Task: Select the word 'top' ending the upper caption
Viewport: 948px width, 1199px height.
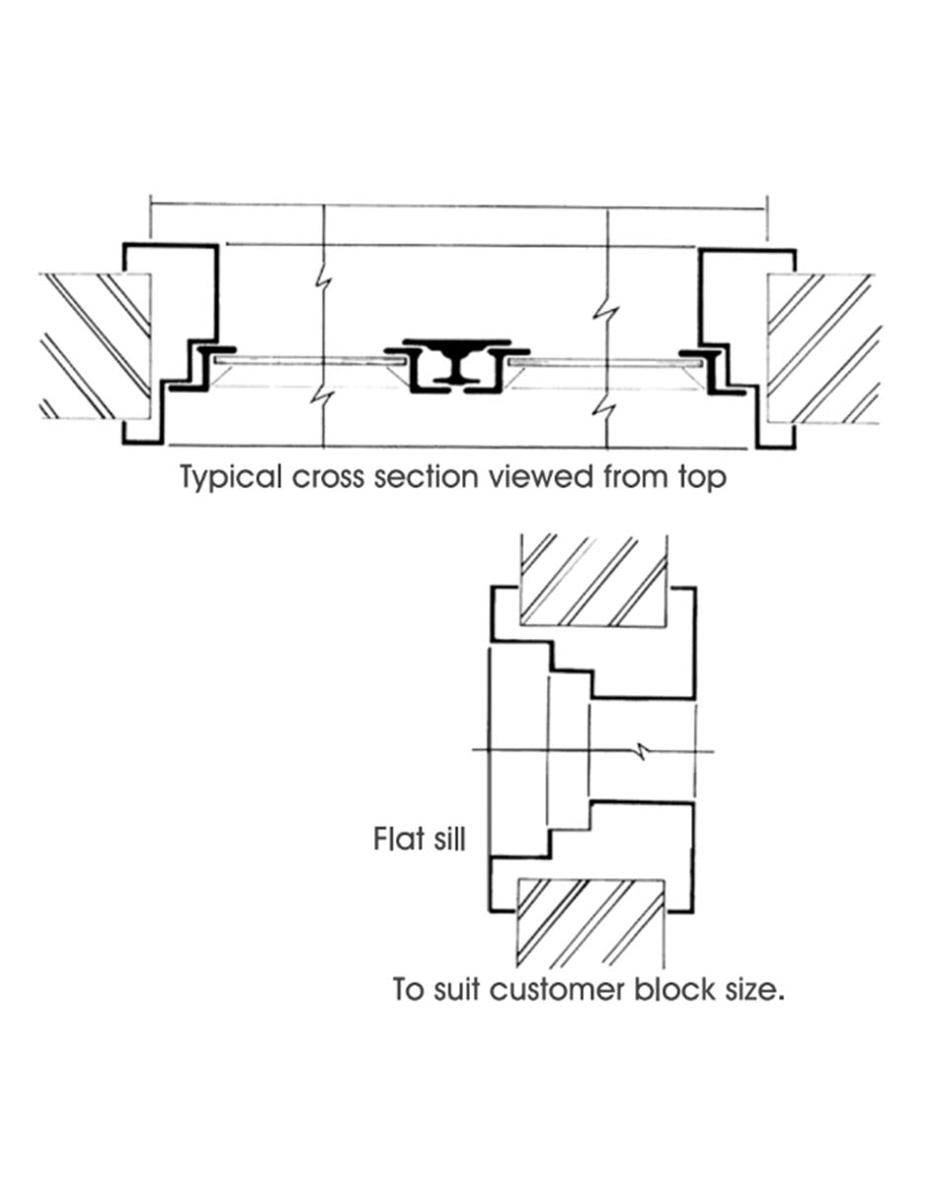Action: coord(702,478)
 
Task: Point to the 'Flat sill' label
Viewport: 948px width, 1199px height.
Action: coord(419,839)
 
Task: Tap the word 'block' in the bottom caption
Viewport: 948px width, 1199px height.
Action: coord(669,989)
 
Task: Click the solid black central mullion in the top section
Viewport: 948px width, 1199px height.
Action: coord(455,363)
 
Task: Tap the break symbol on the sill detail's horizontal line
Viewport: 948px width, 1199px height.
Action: coord(643,752)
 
